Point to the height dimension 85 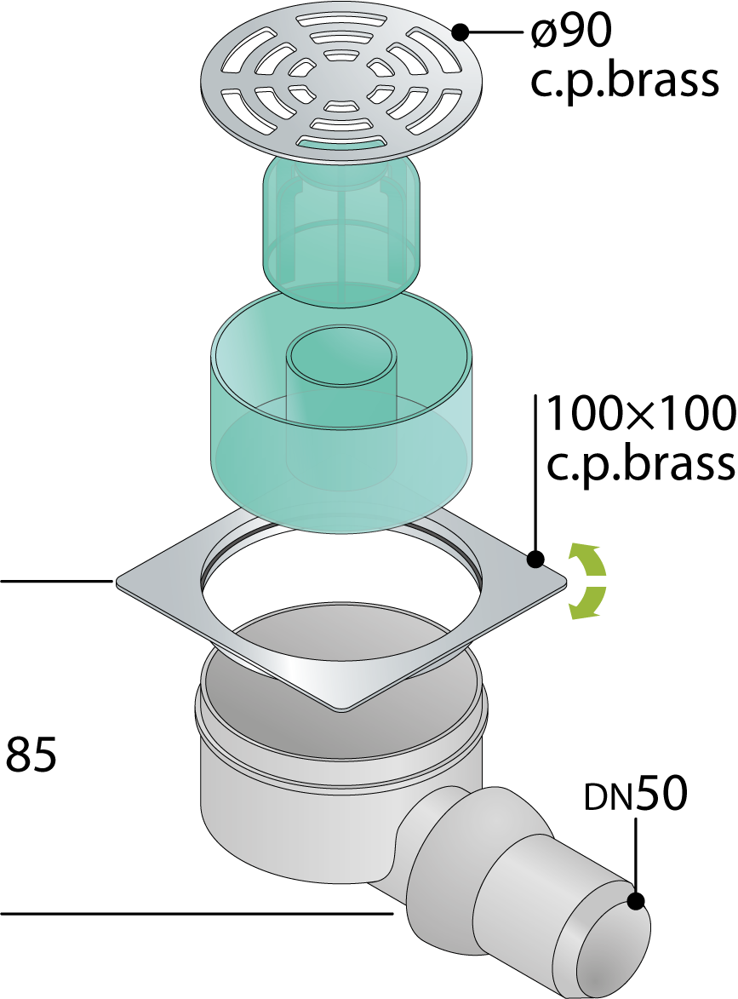click(x=31, y=755)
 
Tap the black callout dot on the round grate click(x=461, y=33)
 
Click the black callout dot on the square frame click(x=535, y=559)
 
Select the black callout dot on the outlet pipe click(x=637, y=902)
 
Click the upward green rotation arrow click(x=588, y=559)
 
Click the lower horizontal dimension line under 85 click(x=196, y=914)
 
